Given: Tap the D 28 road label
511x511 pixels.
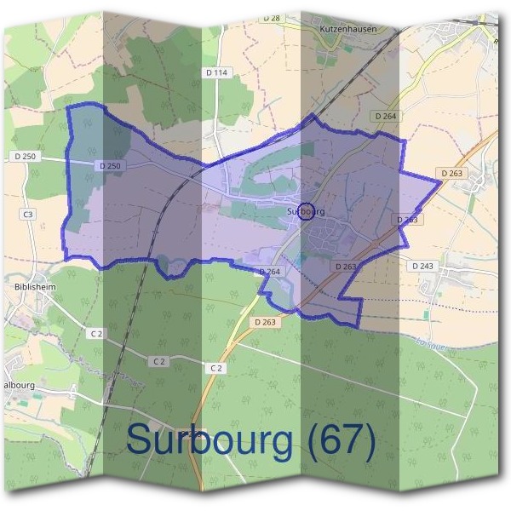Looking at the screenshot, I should (272, 17).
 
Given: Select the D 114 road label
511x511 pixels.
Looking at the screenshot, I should (218, 73).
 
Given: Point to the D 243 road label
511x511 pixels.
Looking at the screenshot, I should (422, 267).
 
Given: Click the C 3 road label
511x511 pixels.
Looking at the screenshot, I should (28, 215).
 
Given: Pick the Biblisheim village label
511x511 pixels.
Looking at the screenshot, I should (35, 288).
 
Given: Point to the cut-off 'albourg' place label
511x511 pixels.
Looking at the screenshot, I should (19, 384).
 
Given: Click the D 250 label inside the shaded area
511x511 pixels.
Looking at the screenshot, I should (111, 165).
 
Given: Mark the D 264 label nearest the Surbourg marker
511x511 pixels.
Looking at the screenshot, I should (268, 271).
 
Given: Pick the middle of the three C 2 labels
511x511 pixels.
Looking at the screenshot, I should (158, 361).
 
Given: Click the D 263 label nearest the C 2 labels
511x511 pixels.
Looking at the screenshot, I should (265, 322).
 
